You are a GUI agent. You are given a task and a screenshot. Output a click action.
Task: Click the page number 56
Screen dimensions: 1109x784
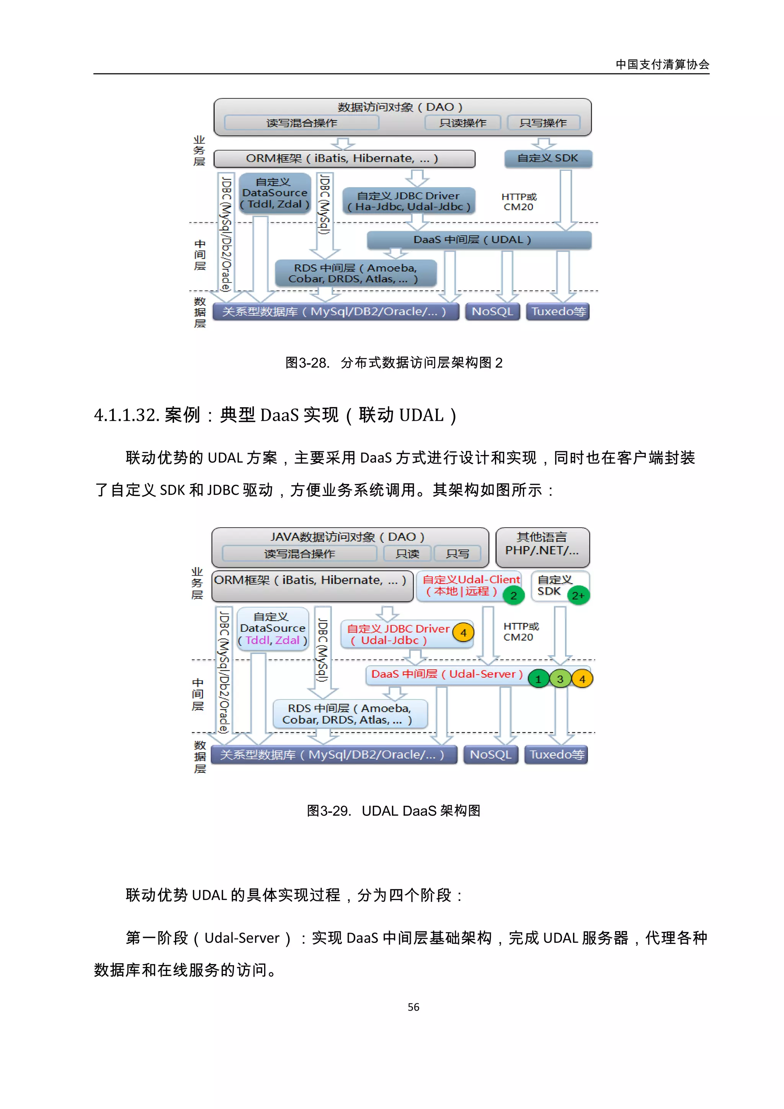pos(413,1006)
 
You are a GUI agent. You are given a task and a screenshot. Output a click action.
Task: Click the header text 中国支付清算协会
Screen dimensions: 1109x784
pos(662,64)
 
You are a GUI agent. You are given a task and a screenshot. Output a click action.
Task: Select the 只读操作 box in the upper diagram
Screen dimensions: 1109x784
pos(462,123)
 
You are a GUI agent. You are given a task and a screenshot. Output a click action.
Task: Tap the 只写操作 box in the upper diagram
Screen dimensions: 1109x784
pos(543,123)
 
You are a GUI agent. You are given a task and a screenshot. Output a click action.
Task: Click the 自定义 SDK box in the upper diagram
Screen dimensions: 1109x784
pos(547,158)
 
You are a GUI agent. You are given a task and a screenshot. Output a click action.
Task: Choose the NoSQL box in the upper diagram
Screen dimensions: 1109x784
pos(492,311)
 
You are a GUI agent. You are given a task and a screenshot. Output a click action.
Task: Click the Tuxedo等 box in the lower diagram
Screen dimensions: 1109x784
pos(557,755)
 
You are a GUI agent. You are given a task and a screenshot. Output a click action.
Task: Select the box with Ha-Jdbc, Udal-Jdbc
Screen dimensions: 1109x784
pos(409,201)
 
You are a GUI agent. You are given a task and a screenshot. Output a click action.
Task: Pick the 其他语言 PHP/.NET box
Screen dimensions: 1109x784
pos(542,547)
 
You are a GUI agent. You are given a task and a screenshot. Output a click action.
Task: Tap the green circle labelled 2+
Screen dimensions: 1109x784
pos(578,595)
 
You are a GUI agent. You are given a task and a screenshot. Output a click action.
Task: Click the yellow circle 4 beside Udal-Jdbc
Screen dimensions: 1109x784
pos(463,633)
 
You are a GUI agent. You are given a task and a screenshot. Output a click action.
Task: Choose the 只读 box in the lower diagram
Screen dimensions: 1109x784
pos(407,553)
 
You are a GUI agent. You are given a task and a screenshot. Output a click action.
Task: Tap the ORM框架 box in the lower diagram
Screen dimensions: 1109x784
pos(312,585)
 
